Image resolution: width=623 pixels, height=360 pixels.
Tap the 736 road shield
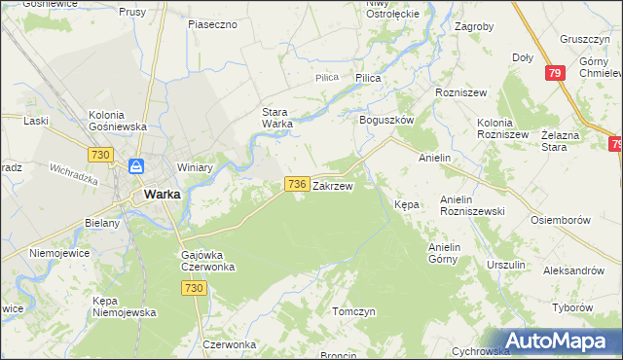point(298,184)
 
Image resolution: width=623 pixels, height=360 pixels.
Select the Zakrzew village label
point(332,184)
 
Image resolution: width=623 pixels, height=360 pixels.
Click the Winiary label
point(195,167)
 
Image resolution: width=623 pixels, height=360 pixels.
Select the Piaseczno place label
point(213,23)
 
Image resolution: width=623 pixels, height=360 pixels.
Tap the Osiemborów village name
point(561,220)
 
